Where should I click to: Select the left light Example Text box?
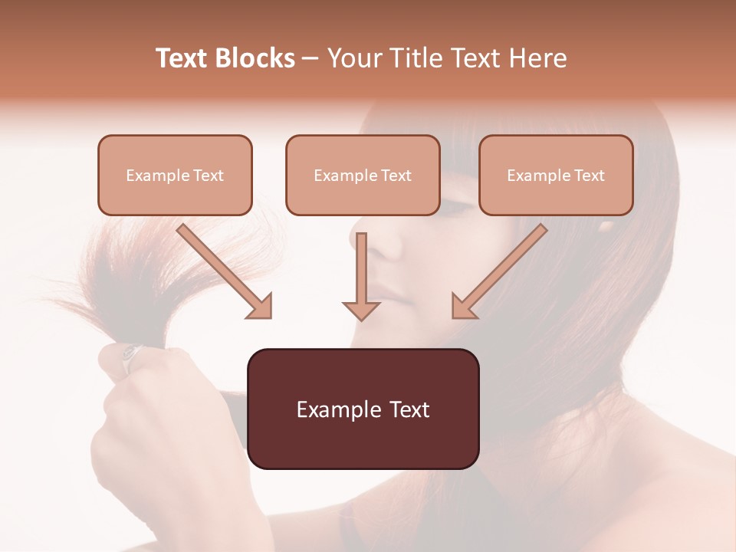(175, 176)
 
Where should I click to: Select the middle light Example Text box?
(363, 176)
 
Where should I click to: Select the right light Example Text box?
(556, 176)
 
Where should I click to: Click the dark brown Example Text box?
(363, 409)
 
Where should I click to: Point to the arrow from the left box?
(225, 271)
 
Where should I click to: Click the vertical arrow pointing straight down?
(361, 276)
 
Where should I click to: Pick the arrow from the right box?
(499, 271)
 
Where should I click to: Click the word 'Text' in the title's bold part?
(182, 58)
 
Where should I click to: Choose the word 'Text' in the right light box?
(589, 176)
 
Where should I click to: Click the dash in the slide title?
(310, 58)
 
